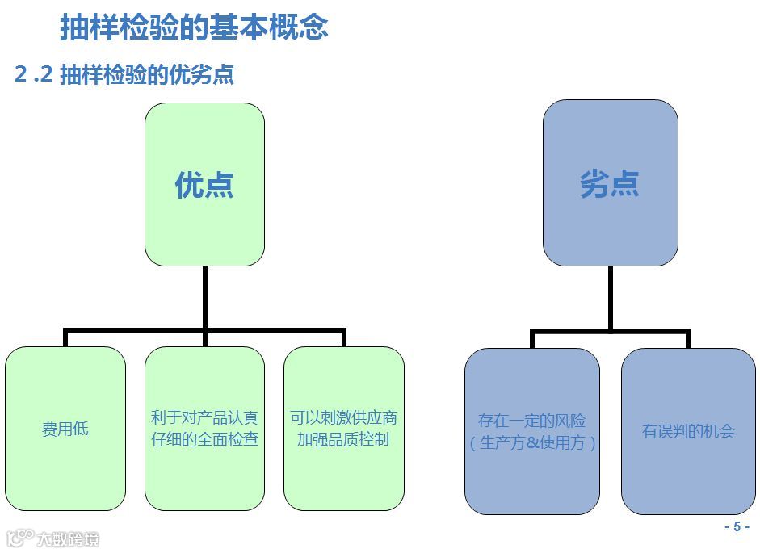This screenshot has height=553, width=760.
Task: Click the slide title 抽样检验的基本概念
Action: pos(194,27)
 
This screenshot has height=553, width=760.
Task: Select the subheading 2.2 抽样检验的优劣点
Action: pos(124,74)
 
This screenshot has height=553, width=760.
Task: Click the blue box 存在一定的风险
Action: pos(531,476)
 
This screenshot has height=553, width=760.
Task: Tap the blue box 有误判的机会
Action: pos(688,476)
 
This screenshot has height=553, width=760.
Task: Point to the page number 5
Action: pos(736,527)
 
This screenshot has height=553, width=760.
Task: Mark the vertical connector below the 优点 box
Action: pos(205,297)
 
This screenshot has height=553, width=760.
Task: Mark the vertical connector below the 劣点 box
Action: pos(610,297)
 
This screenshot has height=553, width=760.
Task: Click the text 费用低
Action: pos(65,429)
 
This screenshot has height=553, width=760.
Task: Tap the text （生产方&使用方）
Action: pos(532,442)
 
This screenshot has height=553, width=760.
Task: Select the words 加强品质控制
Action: pos(343,440)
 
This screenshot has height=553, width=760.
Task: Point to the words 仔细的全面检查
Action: pos(204,440)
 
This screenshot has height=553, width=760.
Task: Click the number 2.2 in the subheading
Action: pos(34,74)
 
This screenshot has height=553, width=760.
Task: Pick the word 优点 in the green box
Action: pos(204,185)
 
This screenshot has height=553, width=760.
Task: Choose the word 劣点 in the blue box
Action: pos(610,184)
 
